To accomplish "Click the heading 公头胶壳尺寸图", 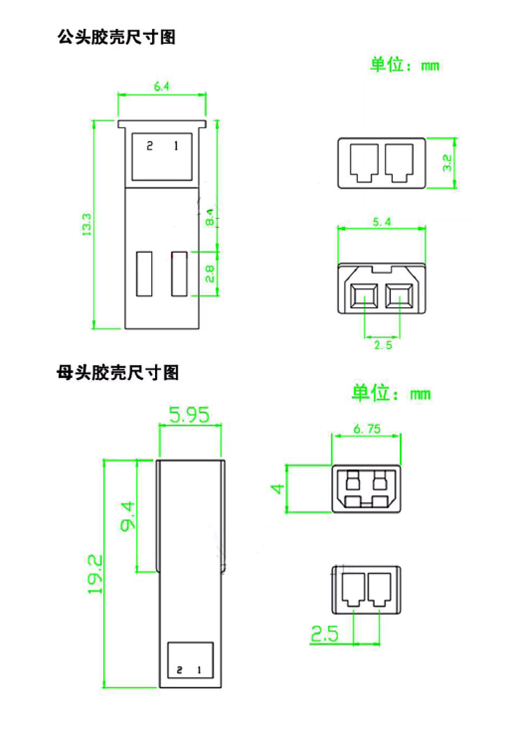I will [x=116, y=37].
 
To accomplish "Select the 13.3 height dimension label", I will [x=86, y=224].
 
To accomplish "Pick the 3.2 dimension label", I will [x=447, y=163].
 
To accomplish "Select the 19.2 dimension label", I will [x=96, y=575].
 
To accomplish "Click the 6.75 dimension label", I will [x=367, y=428].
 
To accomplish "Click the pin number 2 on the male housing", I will [x=149, y=146].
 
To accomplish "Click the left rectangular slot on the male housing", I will [x=144, y=273].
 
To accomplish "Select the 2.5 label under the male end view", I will [x=383, y=345].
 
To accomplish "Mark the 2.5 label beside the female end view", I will [x=323, y=633].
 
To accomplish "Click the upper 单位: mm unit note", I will [x=405, y=65].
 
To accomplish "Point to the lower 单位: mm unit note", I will [x=391, y=393].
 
